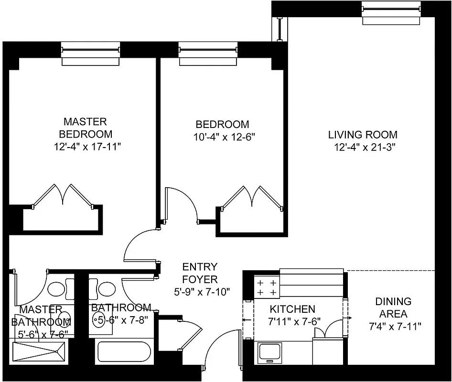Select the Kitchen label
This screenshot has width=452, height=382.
[x=292, y=309]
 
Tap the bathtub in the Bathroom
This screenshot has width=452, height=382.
[x=124, y=352]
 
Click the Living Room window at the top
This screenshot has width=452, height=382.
[x=391, y=12]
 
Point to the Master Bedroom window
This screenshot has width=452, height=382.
[x=90, y=53]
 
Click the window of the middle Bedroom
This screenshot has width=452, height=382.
[x=208, y=53]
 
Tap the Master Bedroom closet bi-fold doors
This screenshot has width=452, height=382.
[x=62, y=196]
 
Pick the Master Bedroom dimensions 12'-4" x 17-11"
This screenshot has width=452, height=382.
[x=88, y=146]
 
